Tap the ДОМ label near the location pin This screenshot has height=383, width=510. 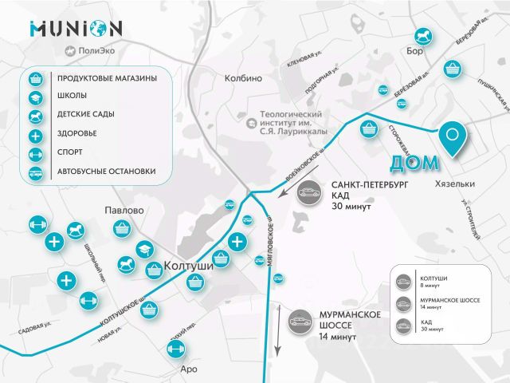click(x=414, y=164)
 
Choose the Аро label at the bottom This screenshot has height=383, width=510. click(x=189, y=369)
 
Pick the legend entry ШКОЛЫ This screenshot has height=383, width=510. click(x=73, y=97)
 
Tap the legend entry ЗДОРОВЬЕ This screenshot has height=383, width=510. click(x=78, y=134)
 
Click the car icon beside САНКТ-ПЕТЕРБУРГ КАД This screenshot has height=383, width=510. click(x=306, y=193)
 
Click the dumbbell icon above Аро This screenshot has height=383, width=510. click(x=175, y=349)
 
